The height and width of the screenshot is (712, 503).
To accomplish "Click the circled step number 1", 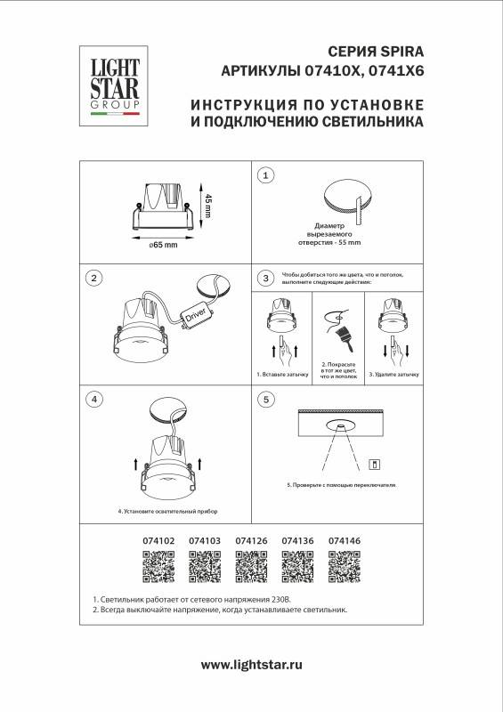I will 265,175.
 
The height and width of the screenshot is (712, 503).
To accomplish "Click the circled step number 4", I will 93,399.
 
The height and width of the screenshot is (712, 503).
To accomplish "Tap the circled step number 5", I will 265,399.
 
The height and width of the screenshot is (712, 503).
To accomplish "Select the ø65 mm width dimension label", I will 165,245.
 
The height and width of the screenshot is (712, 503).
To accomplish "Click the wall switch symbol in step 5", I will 375,463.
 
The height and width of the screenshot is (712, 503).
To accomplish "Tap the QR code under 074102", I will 158,564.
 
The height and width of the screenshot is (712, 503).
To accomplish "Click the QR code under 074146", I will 344,564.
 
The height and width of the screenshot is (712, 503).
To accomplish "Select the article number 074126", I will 251,540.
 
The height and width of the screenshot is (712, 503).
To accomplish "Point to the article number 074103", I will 205,540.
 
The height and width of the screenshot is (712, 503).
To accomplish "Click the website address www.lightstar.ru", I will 252,664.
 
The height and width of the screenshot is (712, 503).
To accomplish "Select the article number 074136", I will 297,540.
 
